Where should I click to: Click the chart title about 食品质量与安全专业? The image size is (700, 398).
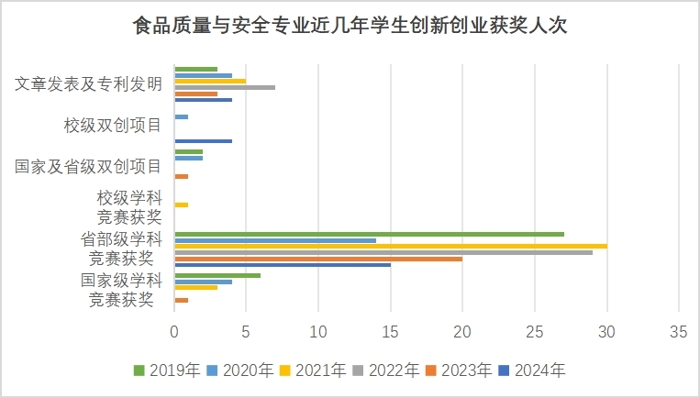tap(350, 25)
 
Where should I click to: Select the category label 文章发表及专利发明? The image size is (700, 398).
tap(89, 84)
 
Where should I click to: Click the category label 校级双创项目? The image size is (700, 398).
tap(113, 126)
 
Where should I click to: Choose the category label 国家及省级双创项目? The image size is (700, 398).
tap(89, 166)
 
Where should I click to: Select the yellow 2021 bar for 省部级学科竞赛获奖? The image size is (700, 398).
tap(390, 246)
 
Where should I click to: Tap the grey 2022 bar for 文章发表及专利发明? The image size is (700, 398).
tap(225, 87)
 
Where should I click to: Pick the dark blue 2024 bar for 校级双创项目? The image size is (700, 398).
tap(203, 141)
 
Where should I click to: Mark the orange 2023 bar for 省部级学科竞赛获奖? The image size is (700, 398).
tap(318, 259)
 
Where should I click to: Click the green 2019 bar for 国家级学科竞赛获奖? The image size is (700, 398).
tap(217, 275)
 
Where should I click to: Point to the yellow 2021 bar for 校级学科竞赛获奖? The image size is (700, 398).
tap(181, 205)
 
